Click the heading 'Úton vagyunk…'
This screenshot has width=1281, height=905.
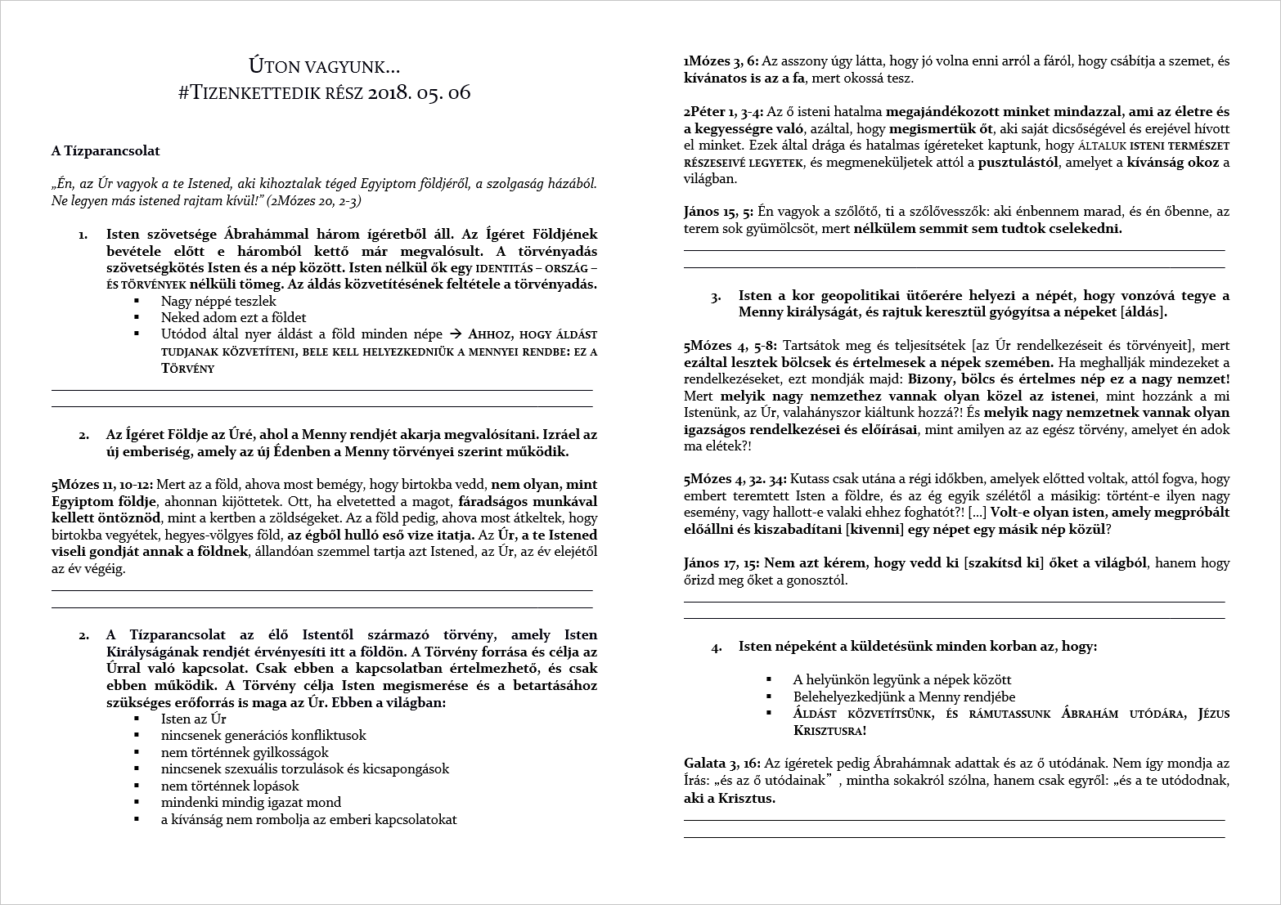click(324, 65)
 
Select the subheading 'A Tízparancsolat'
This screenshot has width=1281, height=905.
click(106, 150)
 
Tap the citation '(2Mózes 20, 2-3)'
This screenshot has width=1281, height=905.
click(316, 200)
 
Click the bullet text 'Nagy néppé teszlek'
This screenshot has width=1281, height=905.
click(218, 301)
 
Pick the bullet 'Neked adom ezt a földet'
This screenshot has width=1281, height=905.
click(233, 317)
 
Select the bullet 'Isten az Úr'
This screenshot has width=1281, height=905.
click(193, 719)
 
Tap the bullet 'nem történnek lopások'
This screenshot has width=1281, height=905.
click(228, 786)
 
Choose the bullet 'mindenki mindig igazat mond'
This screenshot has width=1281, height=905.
click(251, 802)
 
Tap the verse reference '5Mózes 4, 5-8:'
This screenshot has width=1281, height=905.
click(730, 346)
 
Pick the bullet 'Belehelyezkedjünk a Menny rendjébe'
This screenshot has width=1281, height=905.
click(904, 697)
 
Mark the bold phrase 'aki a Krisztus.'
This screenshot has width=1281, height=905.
click(730, 798)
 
